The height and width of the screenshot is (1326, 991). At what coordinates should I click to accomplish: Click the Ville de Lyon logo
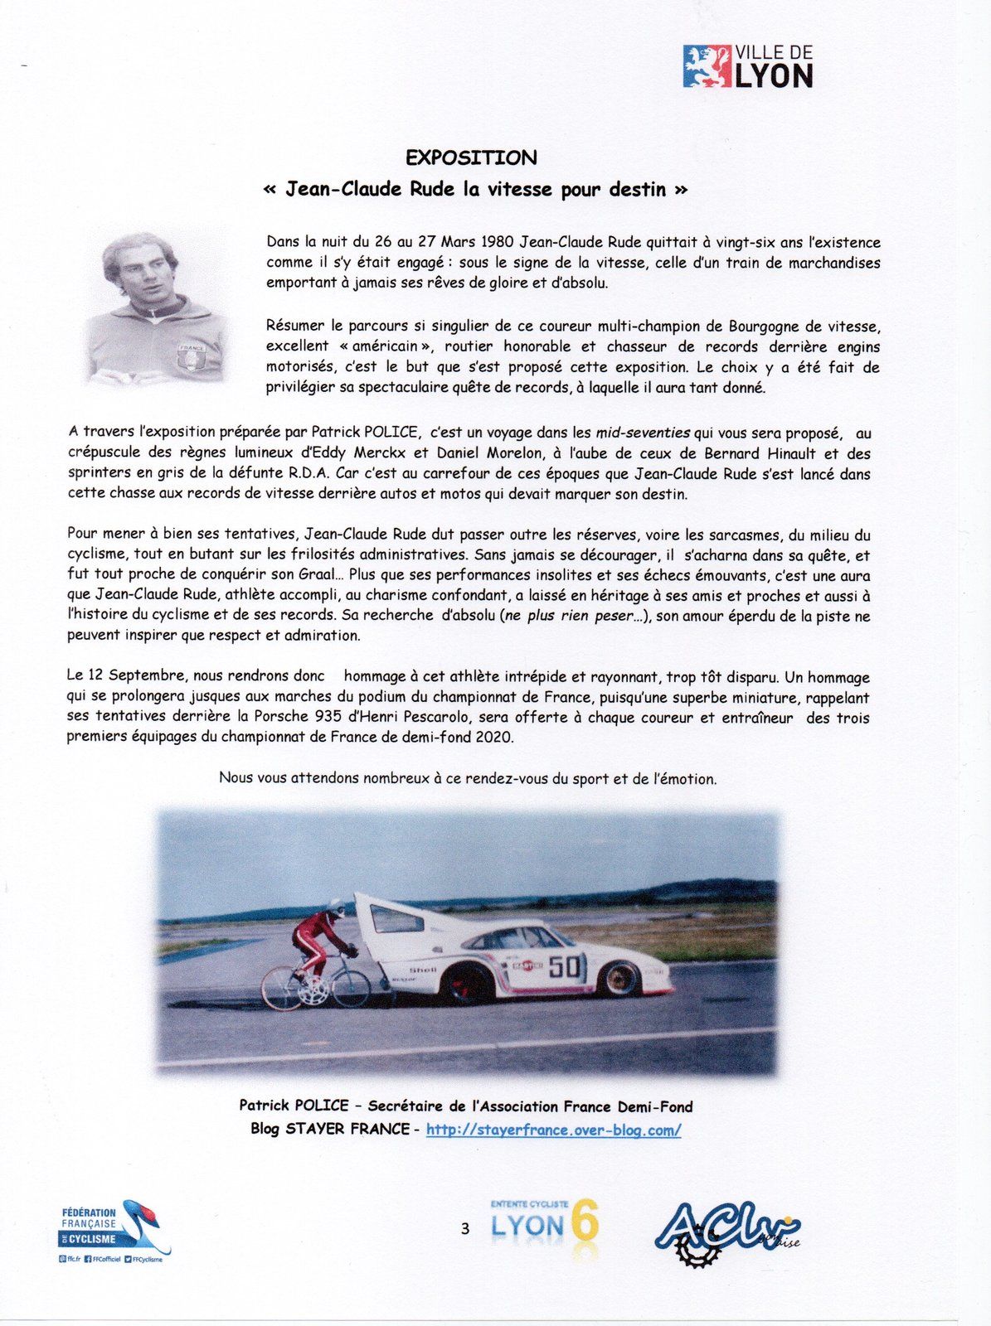point(748,66)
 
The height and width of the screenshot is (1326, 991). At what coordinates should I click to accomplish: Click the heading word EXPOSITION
point(471,157)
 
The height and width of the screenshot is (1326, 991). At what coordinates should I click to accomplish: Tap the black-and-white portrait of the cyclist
point(155,307)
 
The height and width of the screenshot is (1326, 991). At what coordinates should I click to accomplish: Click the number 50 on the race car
point(566,966)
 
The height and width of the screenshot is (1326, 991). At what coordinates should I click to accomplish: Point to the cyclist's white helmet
point(336,907)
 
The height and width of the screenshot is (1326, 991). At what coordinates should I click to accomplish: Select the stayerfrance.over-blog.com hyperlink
point(553,1130)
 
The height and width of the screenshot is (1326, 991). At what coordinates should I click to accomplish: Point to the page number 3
point(464,1228)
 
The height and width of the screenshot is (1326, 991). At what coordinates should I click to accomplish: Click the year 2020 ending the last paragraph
point(494,737)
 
